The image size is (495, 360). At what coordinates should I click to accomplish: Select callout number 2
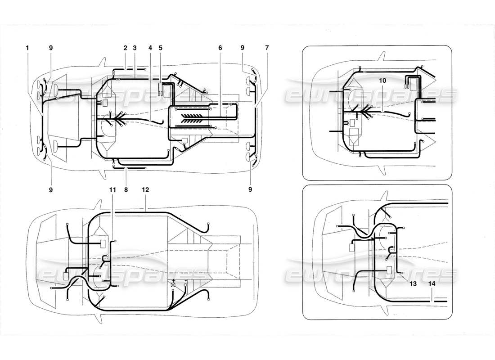pyautogui.click(x=125, y=47)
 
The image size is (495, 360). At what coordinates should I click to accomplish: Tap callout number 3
pyautogui.click(x=135, y=47)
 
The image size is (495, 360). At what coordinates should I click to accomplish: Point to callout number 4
pyautogui.click(x=150, y=47)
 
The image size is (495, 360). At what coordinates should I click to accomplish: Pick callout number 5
pyautogui.click(x=161, y=47)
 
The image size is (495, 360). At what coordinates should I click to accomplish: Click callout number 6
pyautogui.click(x=220, y=47)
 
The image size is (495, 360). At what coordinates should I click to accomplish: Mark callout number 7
pyautogui.click(x=267, y=47)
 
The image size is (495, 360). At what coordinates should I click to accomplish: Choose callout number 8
pyautogui.click(x=126, y=190)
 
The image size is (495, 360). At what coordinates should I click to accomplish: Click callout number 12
pyautogui.click(x=145, y=190)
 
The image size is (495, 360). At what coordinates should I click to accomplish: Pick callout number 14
pyautogui.click(x=432, y=284)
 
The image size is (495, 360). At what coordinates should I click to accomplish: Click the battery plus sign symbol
pyautogui.click(x=173, y=280)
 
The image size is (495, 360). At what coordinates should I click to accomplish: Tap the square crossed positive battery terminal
pyautogui.click(x=173, y=285)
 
